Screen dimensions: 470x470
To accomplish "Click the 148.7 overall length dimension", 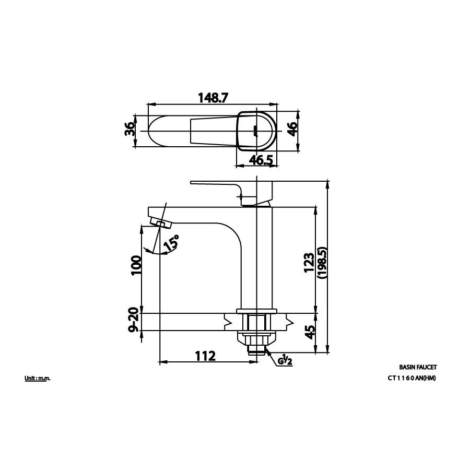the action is click(x=213, y=98).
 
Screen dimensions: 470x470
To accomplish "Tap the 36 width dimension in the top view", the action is click(x=130, y=129).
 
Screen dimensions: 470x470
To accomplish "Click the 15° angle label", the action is click(x=172, y=243).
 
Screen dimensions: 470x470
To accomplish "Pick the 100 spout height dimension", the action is click(x=136, y=265).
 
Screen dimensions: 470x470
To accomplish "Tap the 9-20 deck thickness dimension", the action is click(x=134, y=320).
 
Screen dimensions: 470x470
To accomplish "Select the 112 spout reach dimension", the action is click(x=205, y=356).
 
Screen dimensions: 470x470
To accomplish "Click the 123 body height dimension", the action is click(x=309, y=263).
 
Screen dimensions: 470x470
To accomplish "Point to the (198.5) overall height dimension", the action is click(x=322, y=263).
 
